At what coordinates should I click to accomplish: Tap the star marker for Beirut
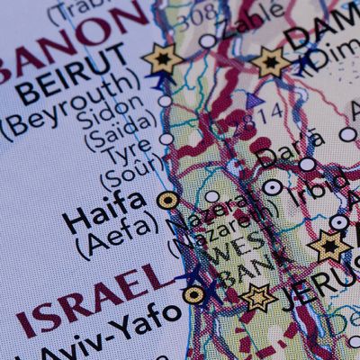pos(163,59)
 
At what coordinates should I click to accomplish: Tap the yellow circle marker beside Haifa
pos(168,200)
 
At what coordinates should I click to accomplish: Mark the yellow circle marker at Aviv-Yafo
pos(193,293)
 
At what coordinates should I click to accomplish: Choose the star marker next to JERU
pos(259,297)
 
